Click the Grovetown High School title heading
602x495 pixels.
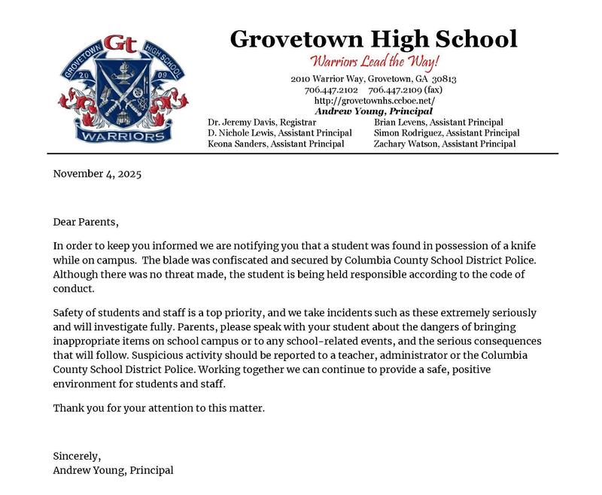pyautogui.click(x=374, y=38)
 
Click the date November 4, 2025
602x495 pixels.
pyautogui.click(x=97, y=174)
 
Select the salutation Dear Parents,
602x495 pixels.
pyautogui.click(x=86, y=222)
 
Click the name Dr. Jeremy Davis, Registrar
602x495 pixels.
pyautogui.click(x=262, y=122)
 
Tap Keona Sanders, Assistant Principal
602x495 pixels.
pyautogui.click(x=276, y=144)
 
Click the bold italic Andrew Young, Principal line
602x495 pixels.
pyautogui.click(x=374, y=111)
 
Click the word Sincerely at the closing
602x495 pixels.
pyautogui.click(x=76, y=456)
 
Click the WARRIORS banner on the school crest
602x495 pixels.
pyautogui.click(x=123, y=136)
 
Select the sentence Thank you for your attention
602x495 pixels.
pyautogui.click(x=159, y=408)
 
